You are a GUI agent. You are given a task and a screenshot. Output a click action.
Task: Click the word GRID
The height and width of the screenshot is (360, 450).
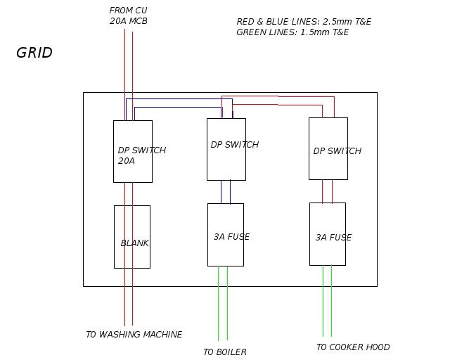tap(34, 53)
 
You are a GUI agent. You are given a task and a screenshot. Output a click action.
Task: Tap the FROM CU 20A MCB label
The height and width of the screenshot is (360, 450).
tap(129, 15)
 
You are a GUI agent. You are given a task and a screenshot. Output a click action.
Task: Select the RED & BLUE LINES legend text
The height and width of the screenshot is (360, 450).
tap(304, 22)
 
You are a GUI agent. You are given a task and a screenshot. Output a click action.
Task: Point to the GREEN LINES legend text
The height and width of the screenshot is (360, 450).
tap(292, 32)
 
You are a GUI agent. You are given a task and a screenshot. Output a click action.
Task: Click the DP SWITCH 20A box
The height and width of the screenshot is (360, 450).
tap(133, 151)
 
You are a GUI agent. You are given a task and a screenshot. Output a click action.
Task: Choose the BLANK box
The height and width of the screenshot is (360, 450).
tap(132, 236)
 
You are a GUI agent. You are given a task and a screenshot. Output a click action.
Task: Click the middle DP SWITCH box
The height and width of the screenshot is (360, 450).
tap(226, 149)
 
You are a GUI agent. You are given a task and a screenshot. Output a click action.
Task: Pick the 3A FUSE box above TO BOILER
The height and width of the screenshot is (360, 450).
tap(226, 235)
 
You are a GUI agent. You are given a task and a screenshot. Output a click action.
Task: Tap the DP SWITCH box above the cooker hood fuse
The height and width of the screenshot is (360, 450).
tap(328, 148)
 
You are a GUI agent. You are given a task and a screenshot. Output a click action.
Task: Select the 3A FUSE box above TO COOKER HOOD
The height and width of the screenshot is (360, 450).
tap(328, 234)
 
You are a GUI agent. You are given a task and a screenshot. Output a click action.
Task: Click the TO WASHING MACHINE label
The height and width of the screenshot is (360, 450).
tap(134, 335)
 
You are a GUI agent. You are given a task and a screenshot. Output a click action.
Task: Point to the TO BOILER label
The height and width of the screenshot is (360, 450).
tap(225, 352)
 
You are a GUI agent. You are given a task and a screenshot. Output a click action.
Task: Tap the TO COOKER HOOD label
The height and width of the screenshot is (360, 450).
tap(353, 347)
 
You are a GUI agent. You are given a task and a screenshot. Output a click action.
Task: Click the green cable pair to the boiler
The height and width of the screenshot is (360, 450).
tap(223, 302)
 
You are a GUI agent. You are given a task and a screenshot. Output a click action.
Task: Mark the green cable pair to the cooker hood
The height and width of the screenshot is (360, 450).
tap(327, 300)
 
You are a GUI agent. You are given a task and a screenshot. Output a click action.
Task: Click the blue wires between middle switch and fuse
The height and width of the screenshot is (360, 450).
tap(226, 192)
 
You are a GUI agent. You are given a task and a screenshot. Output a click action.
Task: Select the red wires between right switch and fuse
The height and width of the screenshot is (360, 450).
tap(328, 191)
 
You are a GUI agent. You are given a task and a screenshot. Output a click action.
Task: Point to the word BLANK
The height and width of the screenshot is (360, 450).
tap(135, 243)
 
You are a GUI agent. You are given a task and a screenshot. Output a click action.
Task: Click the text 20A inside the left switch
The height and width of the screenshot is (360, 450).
tap(127, 161)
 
